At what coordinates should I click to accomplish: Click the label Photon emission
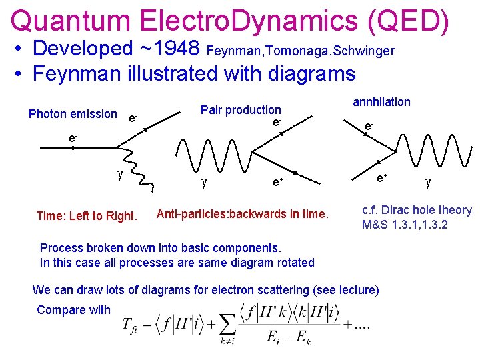coord(73,114)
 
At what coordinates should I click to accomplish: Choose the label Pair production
coord(241,110)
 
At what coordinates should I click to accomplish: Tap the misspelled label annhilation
coord(381,101)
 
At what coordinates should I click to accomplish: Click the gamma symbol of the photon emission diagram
coord(119,175)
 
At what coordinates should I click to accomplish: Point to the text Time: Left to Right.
coord(87,215)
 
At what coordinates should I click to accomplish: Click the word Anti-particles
coord(191,214)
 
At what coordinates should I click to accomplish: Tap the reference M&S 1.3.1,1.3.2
coord(405,225)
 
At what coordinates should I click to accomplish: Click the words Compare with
coord(73,309)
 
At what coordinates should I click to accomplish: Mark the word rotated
coord(294,262)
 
